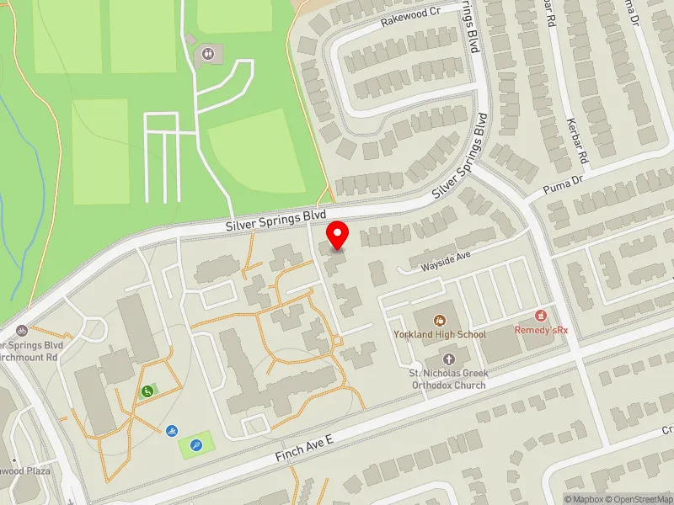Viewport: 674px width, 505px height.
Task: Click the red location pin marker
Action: click(x=339, y=234)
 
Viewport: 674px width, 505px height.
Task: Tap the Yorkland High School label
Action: click(x=440, y=334)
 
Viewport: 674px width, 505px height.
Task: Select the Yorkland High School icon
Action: click(x=439, y=320)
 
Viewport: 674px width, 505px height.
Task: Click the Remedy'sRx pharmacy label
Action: click(x=542, y=330)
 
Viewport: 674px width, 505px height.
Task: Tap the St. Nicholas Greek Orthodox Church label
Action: click(x=442, y=379)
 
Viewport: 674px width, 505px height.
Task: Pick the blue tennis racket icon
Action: click(x=196, y=445)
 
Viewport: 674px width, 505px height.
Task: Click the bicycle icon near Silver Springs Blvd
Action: click(x=21, y=331)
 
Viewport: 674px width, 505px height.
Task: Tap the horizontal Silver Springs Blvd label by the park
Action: click(x=275, y=221)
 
